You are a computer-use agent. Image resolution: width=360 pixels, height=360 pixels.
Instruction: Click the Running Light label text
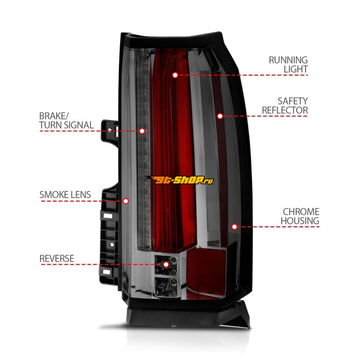pos(288,64)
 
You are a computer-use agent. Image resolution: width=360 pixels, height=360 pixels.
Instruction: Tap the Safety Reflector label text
pos(285,106)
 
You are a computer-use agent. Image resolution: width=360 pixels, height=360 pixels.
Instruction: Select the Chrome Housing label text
pos(300,216)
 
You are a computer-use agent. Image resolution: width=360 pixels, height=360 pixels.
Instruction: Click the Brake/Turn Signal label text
pos(66,121)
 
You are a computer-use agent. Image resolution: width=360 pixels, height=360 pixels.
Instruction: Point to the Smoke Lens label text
pos(65,195)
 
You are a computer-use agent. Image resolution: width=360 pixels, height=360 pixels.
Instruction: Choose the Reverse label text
pos(57,258)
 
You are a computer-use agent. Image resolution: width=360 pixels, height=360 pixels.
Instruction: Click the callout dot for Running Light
pos(175,75)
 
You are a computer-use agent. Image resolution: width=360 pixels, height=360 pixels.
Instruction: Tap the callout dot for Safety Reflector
pos(220,116)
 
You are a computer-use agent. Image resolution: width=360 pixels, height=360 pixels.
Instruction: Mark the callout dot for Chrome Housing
pos(234,227)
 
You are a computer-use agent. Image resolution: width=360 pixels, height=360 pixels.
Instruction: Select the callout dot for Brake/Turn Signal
pos(142,131)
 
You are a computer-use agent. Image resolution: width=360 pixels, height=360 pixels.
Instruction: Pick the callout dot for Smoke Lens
pos(126,201)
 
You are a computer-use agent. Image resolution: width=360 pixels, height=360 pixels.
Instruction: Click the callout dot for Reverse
pos(166,265)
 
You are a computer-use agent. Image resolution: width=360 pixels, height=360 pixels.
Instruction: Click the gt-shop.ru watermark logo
pos(180,180)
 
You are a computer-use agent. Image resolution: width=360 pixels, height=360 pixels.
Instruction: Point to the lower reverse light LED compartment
pos(166,287)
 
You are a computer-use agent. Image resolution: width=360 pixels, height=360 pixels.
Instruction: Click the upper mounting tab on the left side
pos(110,130)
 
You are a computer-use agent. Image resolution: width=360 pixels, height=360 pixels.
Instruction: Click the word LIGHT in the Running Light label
pos(296,69)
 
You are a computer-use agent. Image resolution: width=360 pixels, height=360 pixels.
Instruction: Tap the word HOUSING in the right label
pos(300,221)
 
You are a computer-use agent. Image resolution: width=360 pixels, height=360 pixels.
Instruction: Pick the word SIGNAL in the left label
pos(79,125)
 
